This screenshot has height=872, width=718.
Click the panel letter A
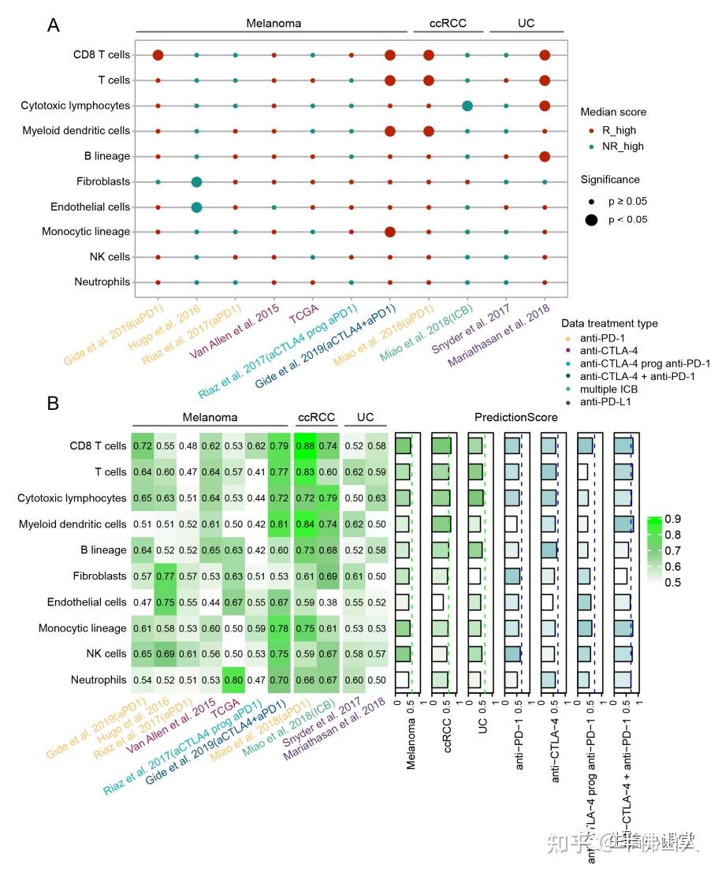[x=54, y=24]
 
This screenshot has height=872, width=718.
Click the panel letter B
[x=54, y=404]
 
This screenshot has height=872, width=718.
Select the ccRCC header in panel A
[x=448, y=23]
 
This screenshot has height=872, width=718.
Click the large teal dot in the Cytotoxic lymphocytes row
[x=467, y=106]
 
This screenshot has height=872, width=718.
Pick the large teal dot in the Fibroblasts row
[x=196, y=181]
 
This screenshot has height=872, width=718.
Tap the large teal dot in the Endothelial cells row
[x=196, y=207]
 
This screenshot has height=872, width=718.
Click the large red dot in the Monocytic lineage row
[x=389, y=232]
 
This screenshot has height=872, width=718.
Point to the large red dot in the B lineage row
[x=544, y=156]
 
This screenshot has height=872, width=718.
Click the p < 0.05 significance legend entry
[x=621, y=219]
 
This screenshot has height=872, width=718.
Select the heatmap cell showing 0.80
[x=233, y=680]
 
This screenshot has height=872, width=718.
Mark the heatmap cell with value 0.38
[x=326, y=602]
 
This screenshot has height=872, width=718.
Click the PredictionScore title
[x=515, y=416]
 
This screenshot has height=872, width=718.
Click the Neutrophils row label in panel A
[x=102, y=282]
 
